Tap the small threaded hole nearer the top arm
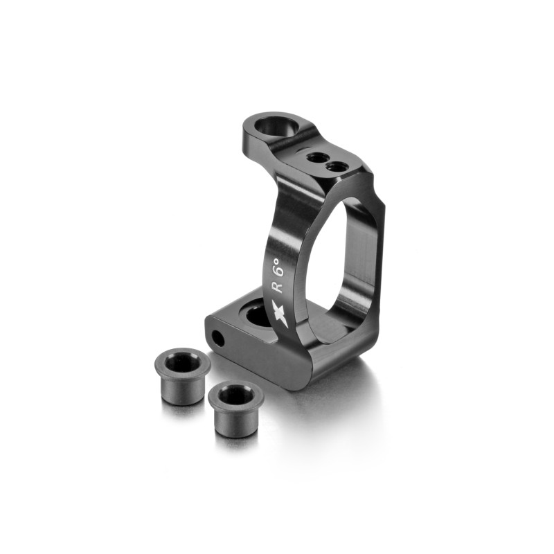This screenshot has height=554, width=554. (x=316, y=157)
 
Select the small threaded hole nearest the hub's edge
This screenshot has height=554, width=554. (x=336, y=166)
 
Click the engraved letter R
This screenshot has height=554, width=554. (x=278, y=285)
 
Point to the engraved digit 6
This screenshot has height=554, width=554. (x=279, y=271)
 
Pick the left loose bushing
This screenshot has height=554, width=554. (x=182, y=377)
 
